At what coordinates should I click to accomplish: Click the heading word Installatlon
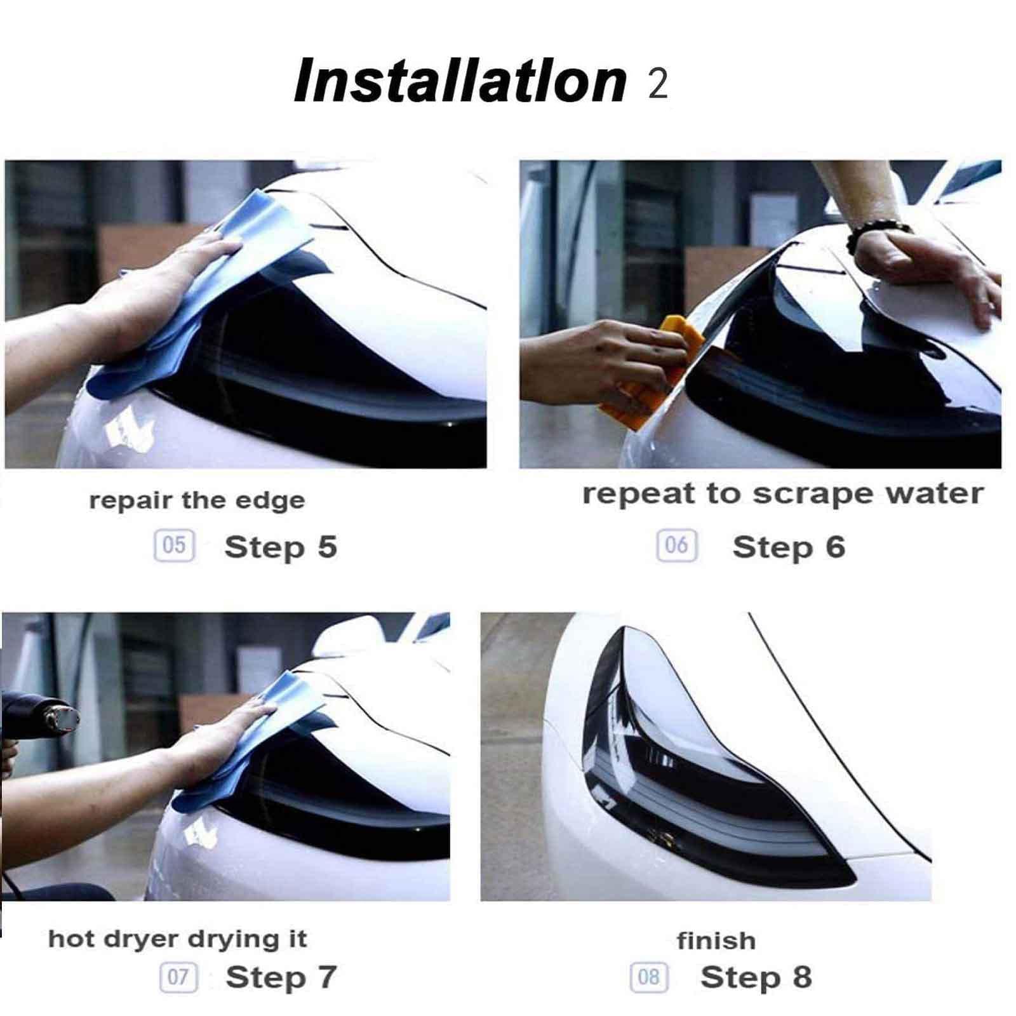tap(460, 81)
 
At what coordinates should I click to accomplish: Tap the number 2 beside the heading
tap(658, 84)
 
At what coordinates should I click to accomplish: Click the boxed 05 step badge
tap(174, 545)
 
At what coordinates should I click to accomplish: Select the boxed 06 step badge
tap(677, 545)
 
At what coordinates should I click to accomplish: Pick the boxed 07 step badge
tap(178, 977)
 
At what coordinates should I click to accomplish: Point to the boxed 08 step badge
tap(649, 977)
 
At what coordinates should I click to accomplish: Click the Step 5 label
tap(281, 547)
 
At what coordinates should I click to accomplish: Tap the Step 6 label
tap(789, 547)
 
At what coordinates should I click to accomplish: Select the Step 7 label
tap(281, 977)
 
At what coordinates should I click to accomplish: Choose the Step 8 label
tap(756, 977)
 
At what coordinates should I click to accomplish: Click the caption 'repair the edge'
tap(197, 501)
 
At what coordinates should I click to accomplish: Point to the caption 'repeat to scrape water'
tap(783, 495)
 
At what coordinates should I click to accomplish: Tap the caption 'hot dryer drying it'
tap(178, 939)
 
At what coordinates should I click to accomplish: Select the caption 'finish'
tap(716, 940)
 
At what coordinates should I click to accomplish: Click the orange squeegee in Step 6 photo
tap(654, 375)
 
